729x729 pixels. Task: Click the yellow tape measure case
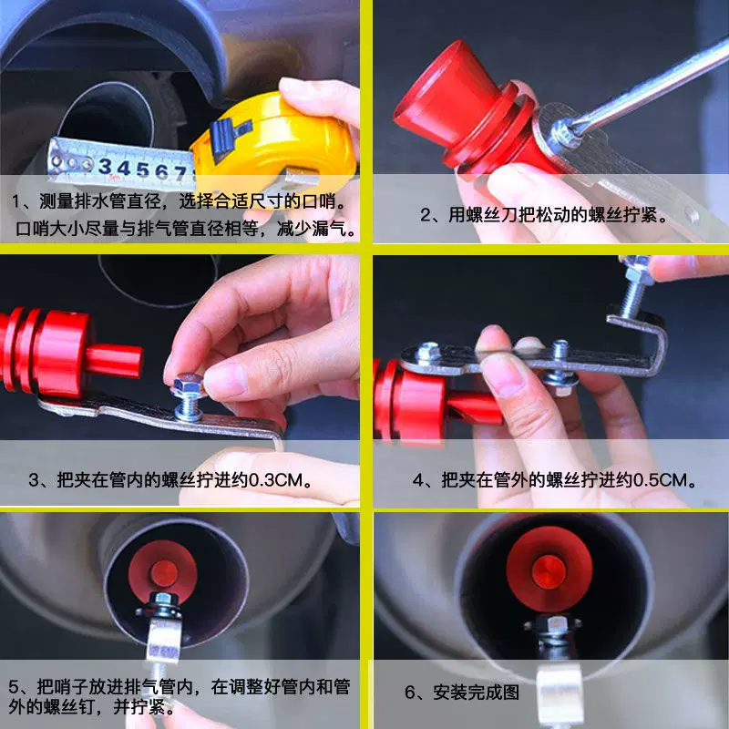(274, 139)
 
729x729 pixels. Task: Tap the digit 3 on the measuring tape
(105, 166)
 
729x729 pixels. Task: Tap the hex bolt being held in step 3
(188, 396)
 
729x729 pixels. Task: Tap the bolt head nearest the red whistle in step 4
(427, 353)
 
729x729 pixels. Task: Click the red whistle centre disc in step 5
(164, 573)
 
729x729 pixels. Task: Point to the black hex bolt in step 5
(163, 605)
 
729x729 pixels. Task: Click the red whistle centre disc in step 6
(549, 572)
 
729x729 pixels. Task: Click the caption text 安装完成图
(476, 693)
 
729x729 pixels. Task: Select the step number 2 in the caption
(425, 215)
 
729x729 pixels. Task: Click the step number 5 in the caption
(14, 687)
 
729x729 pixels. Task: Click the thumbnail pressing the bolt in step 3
(224, 380)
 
